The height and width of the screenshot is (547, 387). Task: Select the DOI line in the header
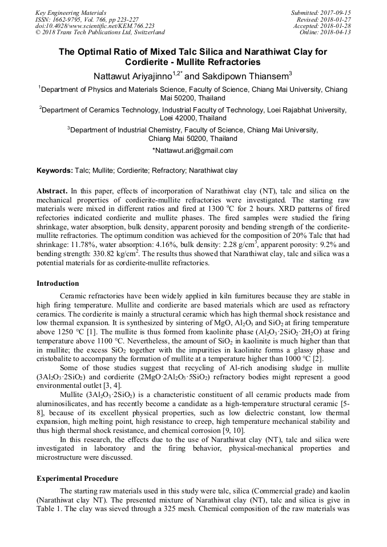[94, 26]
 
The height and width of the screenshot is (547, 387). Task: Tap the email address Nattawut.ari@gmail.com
[193, 151]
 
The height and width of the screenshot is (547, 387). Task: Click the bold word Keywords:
[55, 171]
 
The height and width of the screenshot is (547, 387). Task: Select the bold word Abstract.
[52, 191]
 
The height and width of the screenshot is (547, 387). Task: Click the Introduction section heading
[58, 283]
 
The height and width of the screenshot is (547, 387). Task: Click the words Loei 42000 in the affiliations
[178, 118]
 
